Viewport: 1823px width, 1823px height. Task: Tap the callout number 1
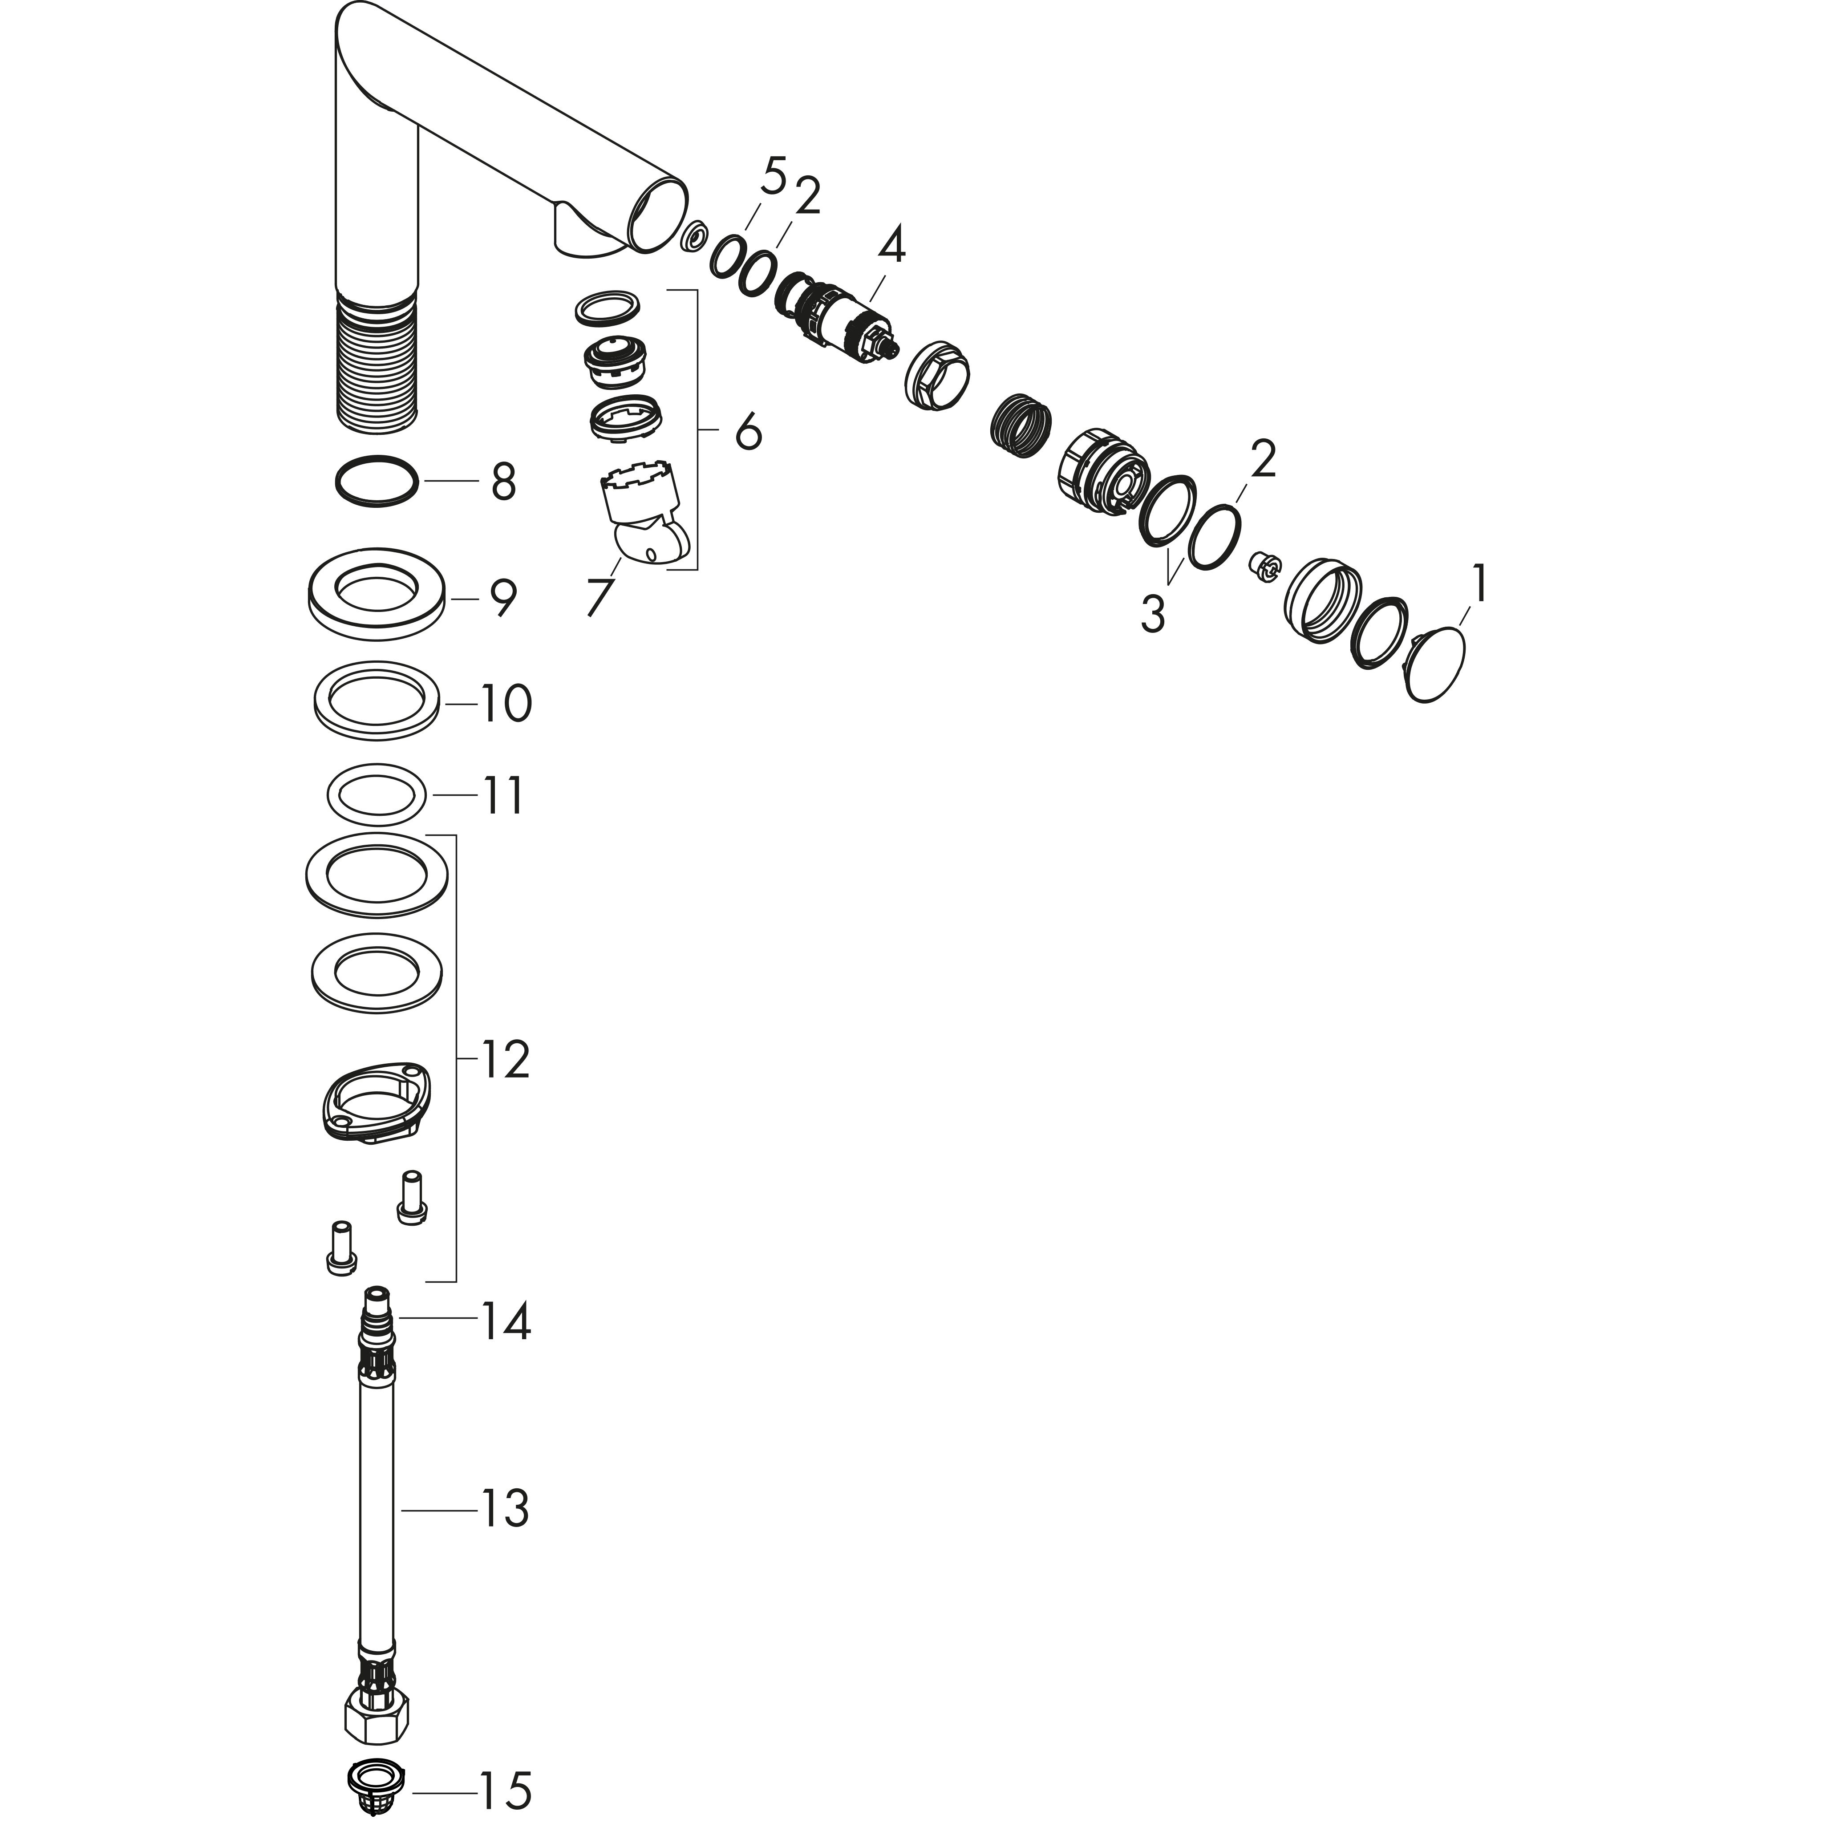click(1479, 584)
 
